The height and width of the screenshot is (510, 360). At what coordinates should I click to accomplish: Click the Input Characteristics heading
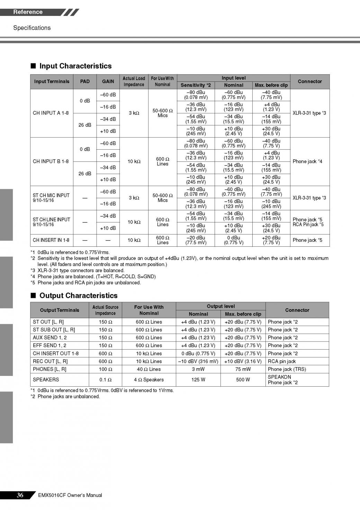75,66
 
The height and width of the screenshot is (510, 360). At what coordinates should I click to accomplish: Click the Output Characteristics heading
78,296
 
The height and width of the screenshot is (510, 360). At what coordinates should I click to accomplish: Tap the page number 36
20,495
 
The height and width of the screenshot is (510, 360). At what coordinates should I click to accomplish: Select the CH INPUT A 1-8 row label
51,113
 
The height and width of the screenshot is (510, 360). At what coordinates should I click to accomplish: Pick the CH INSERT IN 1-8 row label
51,240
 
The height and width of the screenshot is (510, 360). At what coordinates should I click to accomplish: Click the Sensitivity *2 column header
196,85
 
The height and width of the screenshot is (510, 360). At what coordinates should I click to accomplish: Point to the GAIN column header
108,81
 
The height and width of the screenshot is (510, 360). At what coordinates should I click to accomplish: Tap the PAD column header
85,81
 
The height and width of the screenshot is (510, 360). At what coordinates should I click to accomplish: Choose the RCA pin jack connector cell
282,361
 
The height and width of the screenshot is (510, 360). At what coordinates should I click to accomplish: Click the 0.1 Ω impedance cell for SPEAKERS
105,380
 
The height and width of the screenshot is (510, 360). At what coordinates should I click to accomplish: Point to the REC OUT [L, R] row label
50,361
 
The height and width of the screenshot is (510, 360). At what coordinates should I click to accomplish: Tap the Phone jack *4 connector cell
307,161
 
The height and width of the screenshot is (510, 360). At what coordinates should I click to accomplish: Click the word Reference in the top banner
28,12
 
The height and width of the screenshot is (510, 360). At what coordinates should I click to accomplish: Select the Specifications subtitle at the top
32,28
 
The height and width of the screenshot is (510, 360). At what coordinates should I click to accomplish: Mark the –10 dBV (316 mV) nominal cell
198,361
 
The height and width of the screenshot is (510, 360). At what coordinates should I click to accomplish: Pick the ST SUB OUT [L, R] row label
54,330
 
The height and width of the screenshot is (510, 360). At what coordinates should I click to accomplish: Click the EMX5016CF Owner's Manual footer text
70,495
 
